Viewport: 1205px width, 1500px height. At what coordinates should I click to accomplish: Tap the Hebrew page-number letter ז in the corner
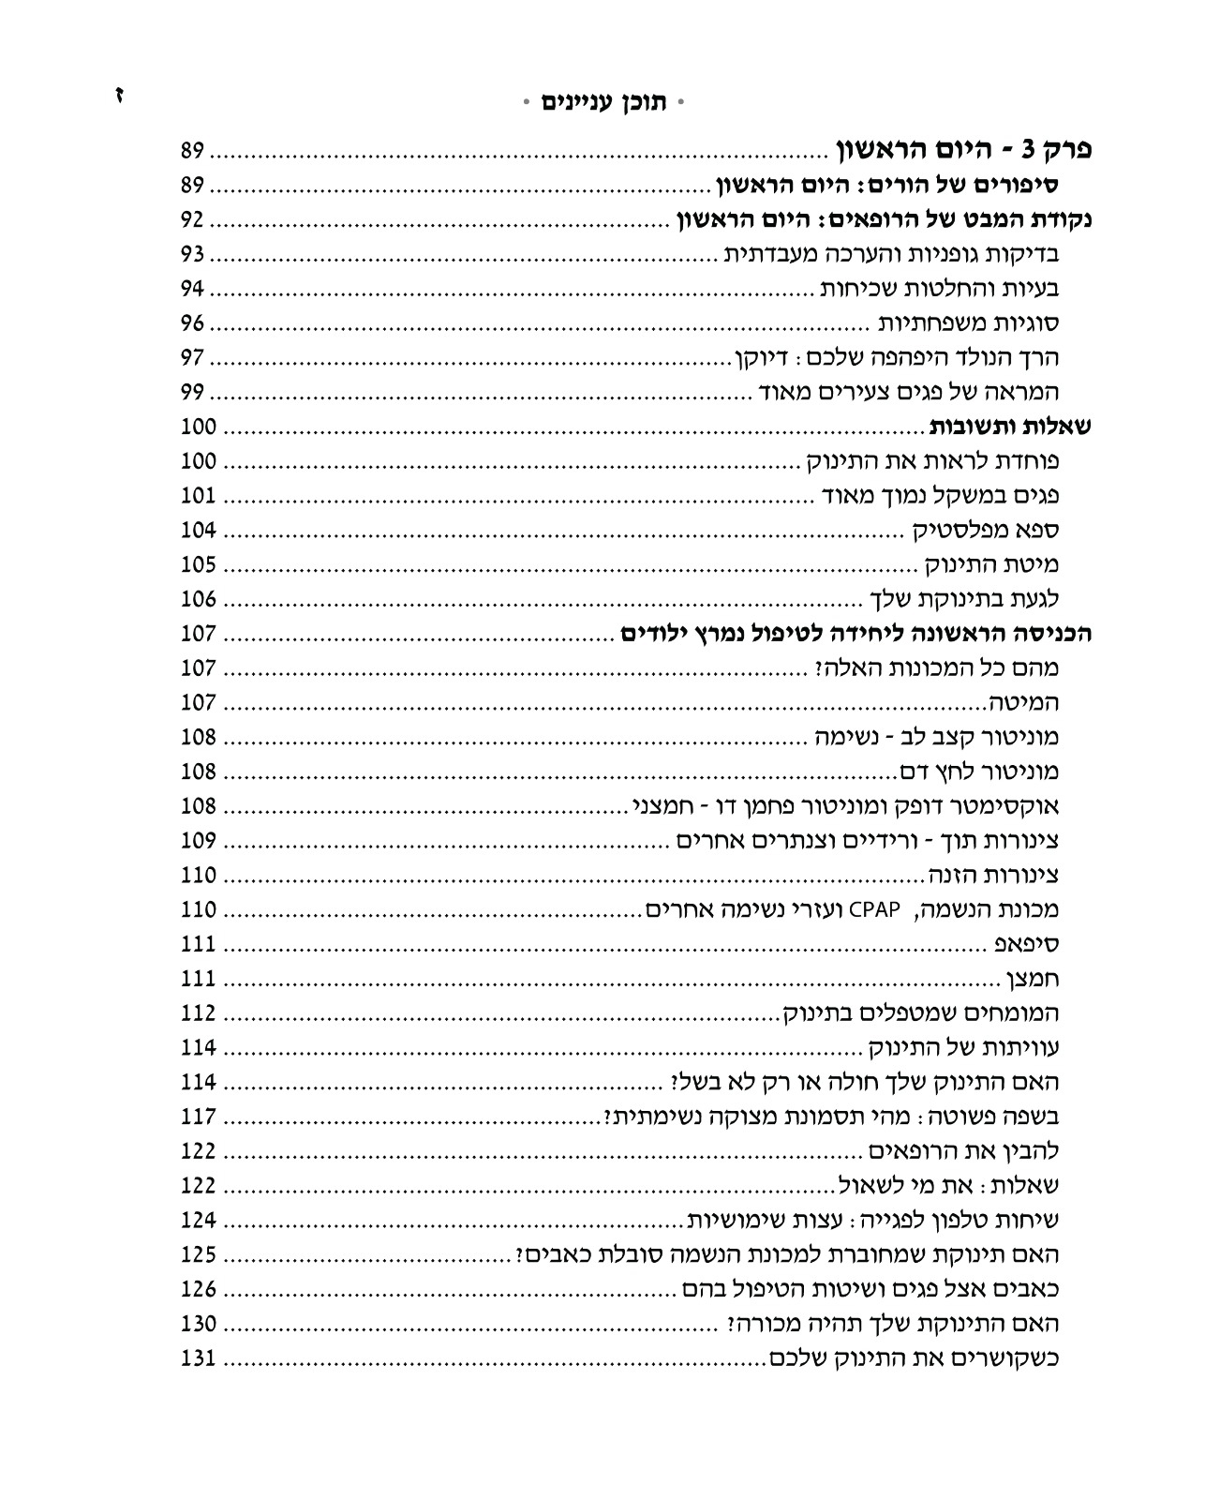pos(119,97)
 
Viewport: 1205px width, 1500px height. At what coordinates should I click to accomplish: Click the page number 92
pos(199,221)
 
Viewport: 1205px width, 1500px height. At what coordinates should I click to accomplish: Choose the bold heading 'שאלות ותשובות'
pos(1010,427)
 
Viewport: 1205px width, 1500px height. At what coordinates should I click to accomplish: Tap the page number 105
pos(199,565)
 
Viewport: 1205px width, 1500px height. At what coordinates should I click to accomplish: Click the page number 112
pos(199,1013)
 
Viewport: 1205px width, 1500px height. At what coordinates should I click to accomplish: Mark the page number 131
pos(199,1358)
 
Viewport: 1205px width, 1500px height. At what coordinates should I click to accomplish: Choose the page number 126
pos(199,1290)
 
